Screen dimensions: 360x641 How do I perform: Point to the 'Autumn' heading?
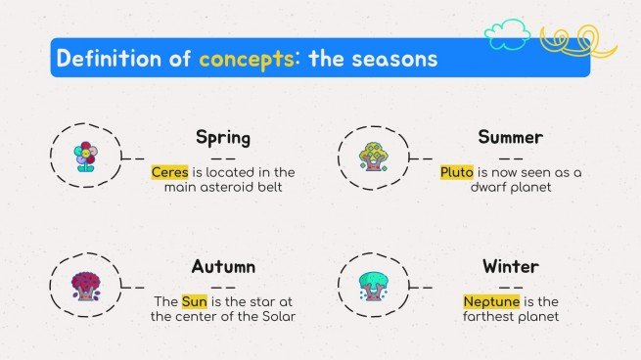pos(223,266)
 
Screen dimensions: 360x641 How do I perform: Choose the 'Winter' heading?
pos(510,266)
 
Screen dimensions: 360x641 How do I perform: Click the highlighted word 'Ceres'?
pos(169,172)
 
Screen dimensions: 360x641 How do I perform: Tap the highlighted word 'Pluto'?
pos(456,172)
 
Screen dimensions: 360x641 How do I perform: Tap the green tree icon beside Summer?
pos(375,157)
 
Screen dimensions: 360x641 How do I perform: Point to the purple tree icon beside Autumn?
pos(85,285)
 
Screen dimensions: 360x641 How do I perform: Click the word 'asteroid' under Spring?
pos(232,187)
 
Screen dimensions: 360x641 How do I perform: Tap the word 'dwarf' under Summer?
pos(477,187)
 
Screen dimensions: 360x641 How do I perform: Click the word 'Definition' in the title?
pos(111,58)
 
